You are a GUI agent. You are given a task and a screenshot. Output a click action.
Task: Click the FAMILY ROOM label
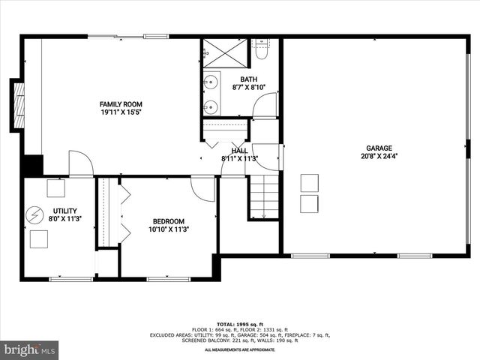point(121,104)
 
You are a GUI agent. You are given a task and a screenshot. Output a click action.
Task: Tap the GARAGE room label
point(379,148)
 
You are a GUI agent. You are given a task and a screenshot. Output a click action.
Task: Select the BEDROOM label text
point(169,220)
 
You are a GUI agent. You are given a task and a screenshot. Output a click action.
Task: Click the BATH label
point(248,79)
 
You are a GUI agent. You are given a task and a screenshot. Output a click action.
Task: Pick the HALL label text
point(239,151)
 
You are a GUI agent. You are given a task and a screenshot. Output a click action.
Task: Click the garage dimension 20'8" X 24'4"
point(379,157)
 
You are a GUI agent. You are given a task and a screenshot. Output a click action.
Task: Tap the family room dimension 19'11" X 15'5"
point(121,112)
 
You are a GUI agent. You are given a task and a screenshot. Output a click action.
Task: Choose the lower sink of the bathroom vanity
point(211,106)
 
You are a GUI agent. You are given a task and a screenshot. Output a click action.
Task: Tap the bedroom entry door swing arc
point(203,188)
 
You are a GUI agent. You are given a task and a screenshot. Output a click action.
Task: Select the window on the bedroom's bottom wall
point(169,279)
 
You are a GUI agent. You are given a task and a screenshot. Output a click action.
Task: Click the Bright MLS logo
point(30,349)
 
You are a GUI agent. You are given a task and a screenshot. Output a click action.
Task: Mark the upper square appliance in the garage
point(309,182)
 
